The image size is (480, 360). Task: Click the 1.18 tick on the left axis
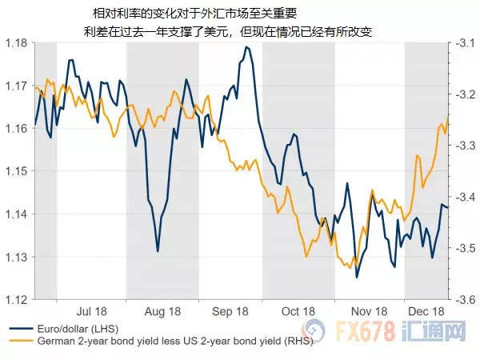(17, 42)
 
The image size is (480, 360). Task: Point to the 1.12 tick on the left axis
(17, 300)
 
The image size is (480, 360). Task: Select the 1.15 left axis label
(17, 171)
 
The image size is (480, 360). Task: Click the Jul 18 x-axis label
(92, 311)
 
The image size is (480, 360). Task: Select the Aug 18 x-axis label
(162, 311)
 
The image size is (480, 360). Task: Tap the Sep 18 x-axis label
(230, 311)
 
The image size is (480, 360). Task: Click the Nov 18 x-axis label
(369, 311)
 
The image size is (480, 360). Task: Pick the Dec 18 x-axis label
(426, 311)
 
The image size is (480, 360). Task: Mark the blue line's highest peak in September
(246, 47)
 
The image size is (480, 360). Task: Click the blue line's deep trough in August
(158, 250)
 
